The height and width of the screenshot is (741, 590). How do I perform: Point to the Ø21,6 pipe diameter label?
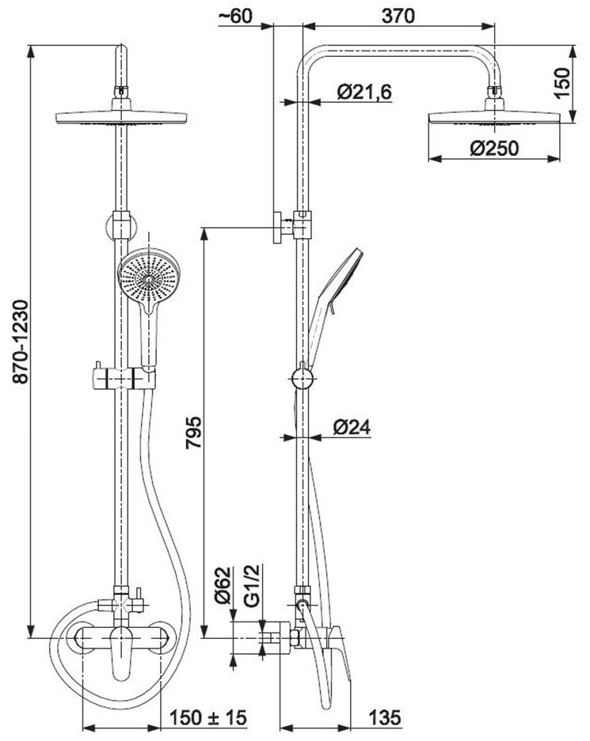364,93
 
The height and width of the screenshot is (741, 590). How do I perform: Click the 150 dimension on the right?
562,81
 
